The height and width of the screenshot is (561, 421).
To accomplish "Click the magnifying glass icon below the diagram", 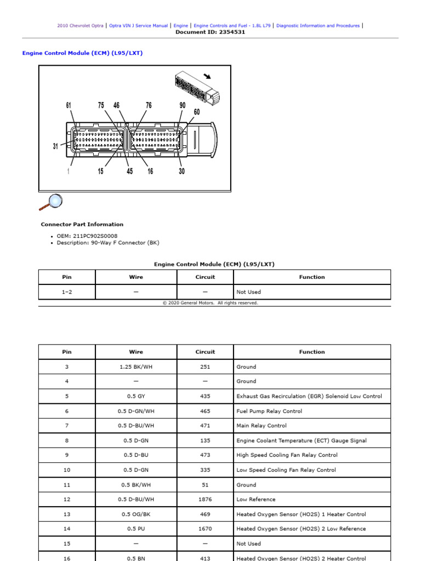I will pyautogui.click(x=50, y=202).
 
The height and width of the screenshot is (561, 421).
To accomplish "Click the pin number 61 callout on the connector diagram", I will pyautogui.click(x=69, y=105).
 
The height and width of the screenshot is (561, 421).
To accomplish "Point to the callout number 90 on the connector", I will pyautogui.click(x=182, y=105).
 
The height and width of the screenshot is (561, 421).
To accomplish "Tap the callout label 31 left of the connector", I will pyautogui.click(x=55, y=146).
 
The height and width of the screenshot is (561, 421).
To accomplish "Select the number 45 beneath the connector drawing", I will pyautogui.click(x=129, y=171).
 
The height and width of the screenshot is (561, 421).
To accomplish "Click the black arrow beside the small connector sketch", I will pyautogui.click(x=207, y=76).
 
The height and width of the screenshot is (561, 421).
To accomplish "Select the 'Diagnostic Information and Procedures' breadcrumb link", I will pyautogui.click(x=318, y=26).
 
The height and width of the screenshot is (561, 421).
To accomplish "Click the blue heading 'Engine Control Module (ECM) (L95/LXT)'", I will pyautogui.click(x=82, y=53).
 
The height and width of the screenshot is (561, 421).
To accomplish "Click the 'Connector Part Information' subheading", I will pyautogui.click(x=82, y=224).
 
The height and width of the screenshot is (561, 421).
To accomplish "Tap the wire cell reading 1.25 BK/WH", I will pyautogui.click(x=136, y=367).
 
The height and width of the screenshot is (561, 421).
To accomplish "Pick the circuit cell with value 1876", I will pyautogui.click(x=205, y=500).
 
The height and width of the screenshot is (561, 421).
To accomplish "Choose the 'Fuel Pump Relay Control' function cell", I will pyautogui.click(x=269, y=411).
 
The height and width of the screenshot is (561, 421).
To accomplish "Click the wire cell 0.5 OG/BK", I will pyautogui.click(x=136, y=514).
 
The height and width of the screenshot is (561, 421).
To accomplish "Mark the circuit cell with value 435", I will pyautogui.click(x=205, y=396).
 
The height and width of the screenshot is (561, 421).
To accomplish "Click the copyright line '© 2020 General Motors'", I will pyautogui.click(x=210, y=303).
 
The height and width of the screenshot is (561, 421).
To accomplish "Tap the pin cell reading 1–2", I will pyautogui.click(x=67, y=292).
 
